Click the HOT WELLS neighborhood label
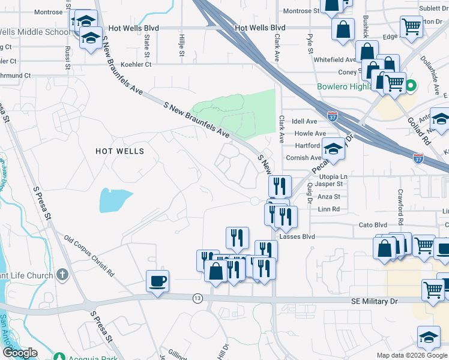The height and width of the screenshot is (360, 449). tap(120, 151)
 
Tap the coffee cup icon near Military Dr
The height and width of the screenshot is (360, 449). tap(157, 281)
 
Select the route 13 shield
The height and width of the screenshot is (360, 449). tap(197, 298)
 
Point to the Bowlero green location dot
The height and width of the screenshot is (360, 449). tap(411, 86)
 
